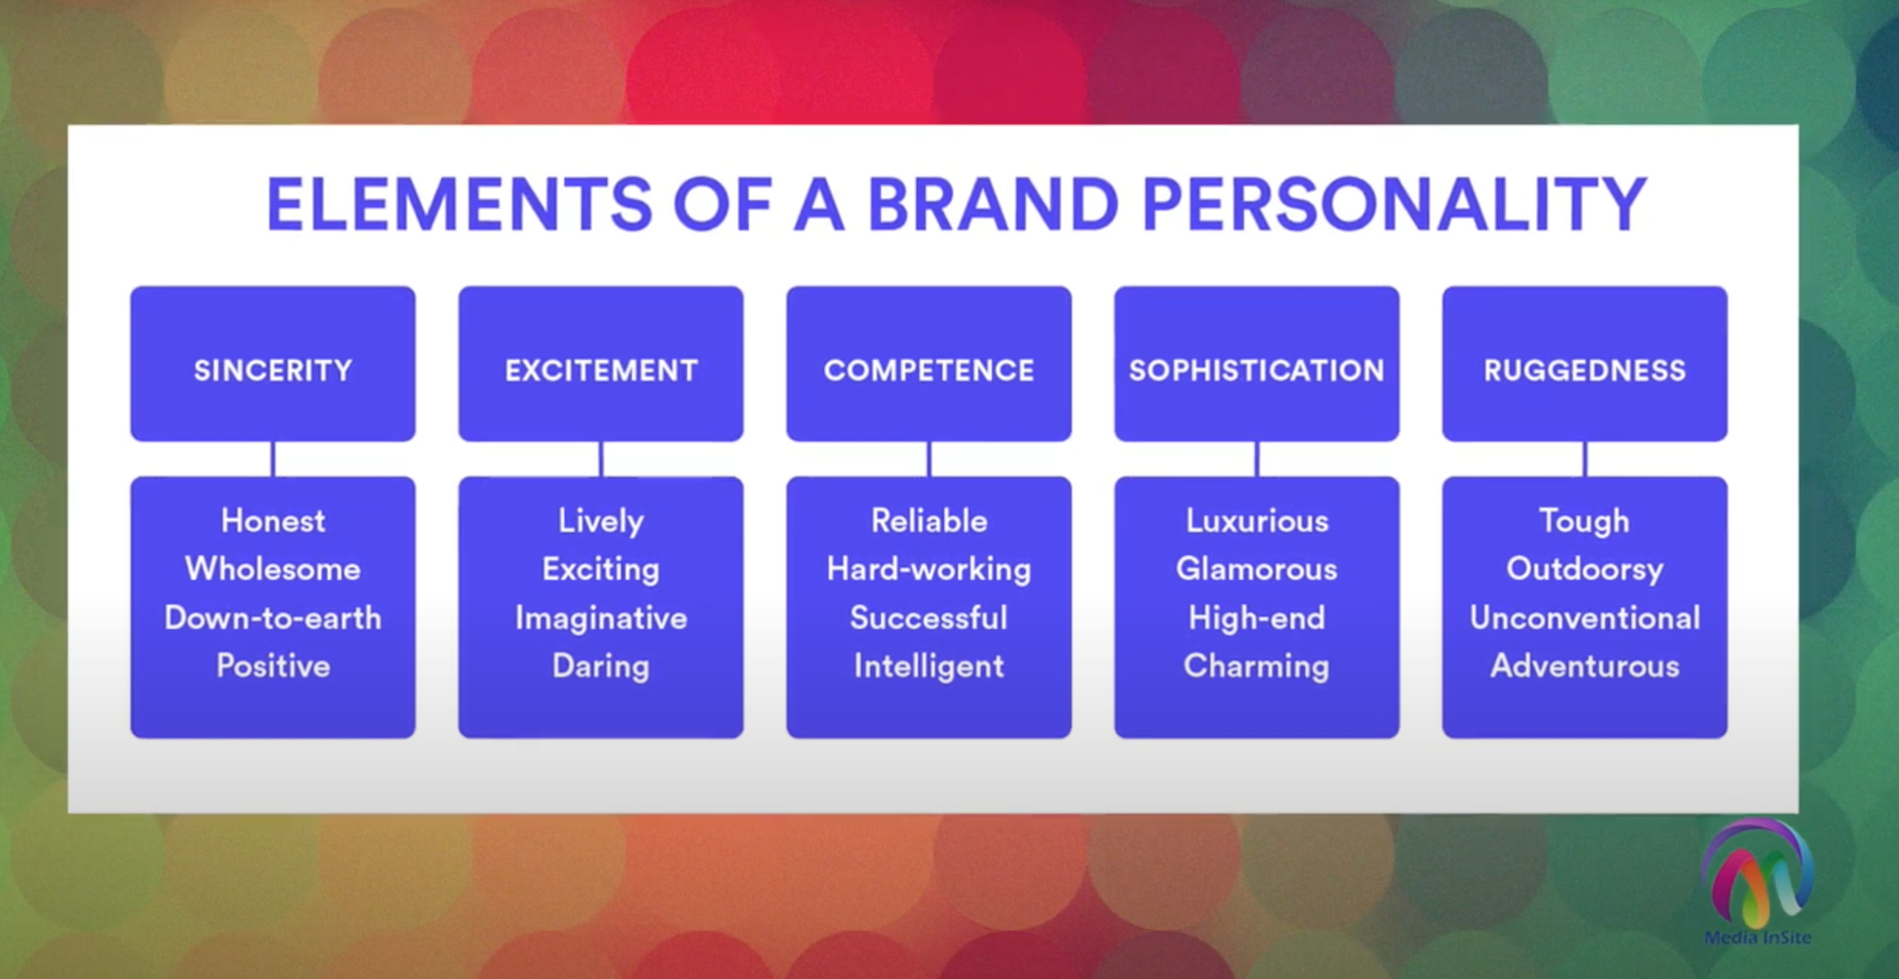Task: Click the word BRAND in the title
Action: coord(993,204)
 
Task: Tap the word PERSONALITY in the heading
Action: coord(1394,204)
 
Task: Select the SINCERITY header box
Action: coord(273,364)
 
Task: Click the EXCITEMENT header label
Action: coord(601,371)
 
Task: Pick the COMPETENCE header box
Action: coord(929,364)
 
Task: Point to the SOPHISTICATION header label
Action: coord(1256,371)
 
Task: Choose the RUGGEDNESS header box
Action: coord(1585,364)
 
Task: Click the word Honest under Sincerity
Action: coord(273,521)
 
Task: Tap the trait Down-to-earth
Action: coord(273,618)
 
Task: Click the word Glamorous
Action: coord(1256,569)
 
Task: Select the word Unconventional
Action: coord(1585,618)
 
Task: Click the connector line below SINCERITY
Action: coord(273,459)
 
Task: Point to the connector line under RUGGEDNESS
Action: coord(1585,459)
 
